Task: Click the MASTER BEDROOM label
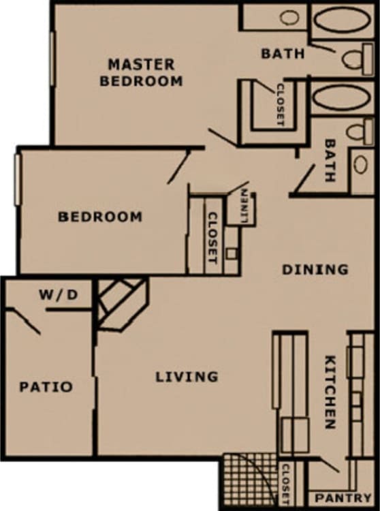(x=141, y=72)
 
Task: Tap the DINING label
(x=315, y=270)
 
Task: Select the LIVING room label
(x=187, y=376)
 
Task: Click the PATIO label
(x=46, y=387)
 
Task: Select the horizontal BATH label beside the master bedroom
(x=283, y=52)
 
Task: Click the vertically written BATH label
(x=330, y=161)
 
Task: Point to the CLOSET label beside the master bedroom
(x=279, y=104)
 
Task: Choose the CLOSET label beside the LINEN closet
(x=211, y=238)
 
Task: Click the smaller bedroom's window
(x=18, y=179)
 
